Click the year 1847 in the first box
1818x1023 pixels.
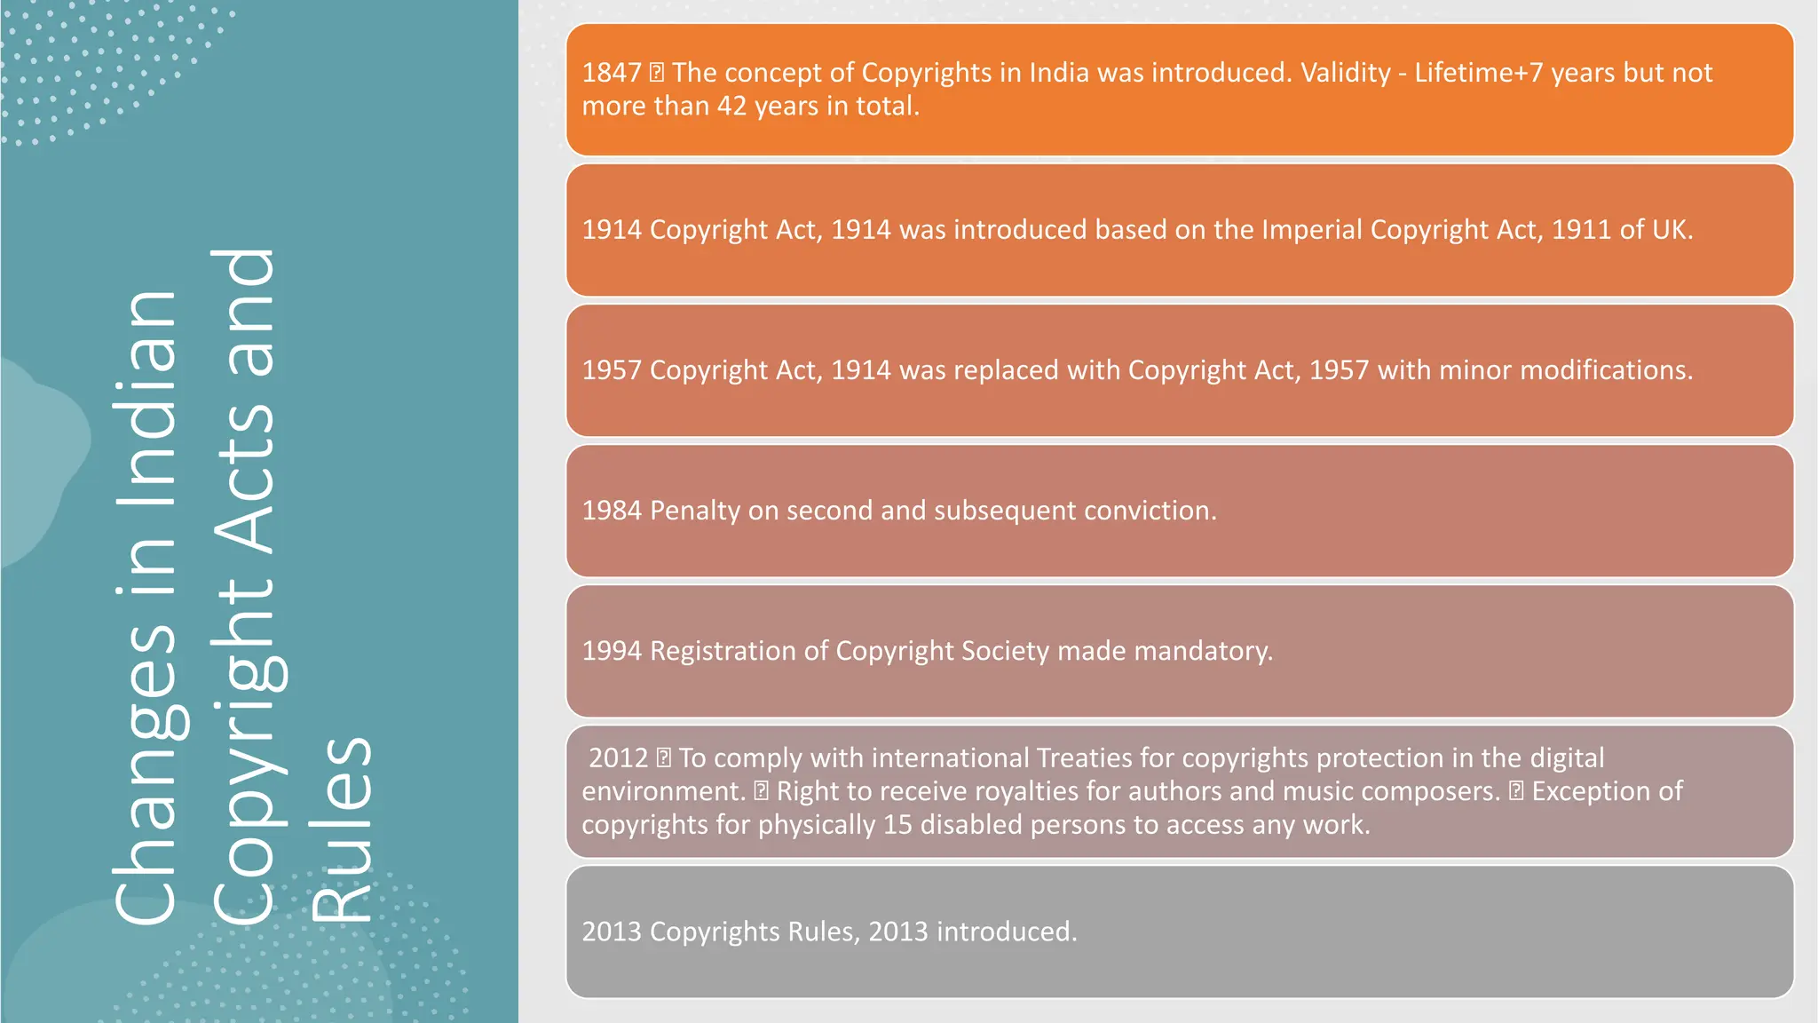[611, 73]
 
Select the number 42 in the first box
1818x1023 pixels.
[731, 107]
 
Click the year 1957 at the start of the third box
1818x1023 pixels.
[611, 370]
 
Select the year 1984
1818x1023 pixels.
[611, 511]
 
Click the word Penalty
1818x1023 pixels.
[694, 511]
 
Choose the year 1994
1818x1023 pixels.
[611, 651]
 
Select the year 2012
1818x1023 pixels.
[618, 758]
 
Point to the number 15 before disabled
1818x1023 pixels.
[897, 825]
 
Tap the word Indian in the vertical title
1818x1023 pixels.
[146, 400]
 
